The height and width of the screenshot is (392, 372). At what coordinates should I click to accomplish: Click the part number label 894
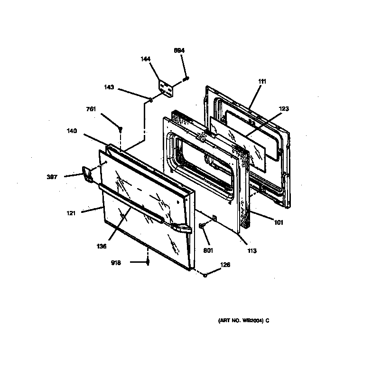[x=179, y=50]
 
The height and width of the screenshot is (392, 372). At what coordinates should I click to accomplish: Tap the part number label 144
[x=146, y=59]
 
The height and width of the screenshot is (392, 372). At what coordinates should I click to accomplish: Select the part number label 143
[x=109, y=87]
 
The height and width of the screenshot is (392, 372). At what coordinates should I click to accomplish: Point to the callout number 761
[x=91, y=109]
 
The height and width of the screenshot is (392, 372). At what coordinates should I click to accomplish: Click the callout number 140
[x=72, y=131]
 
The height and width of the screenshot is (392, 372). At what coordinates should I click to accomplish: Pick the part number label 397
[x=52, y=177]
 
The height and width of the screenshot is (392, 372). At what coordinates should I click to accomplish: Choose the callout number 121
[x=72, y=213]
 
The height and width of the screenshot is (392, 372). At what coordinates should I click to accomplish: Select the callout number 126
[x=225, y=265]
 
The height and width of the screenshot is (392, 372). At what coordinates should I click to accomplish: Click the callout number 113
[x=251, y=250]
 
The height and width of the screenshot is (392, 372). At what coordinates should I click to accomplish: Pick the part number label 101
[x=278, y=222]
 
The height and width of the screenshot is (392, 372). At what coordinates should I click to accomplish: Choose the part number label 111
[x=262, y=81]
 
